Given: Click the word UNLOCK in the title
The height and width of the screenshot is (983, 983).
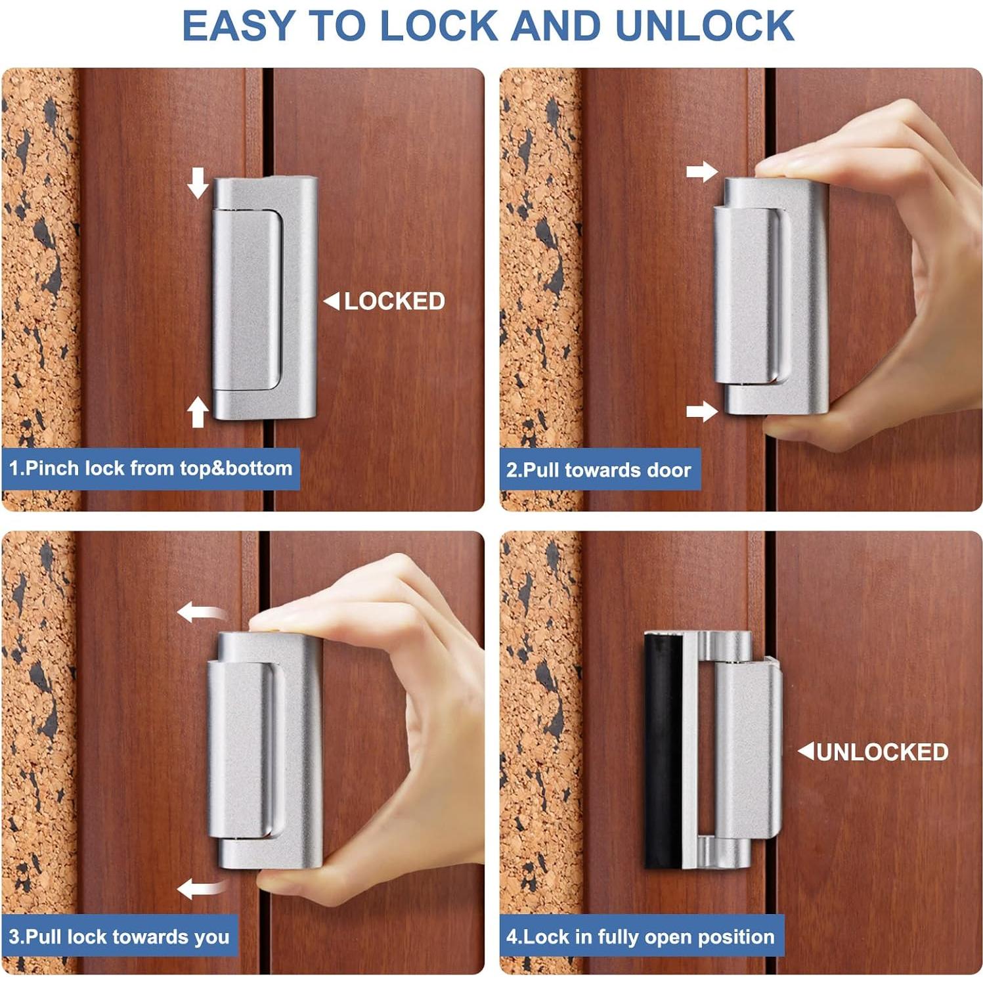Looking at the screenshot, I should click(704, 26).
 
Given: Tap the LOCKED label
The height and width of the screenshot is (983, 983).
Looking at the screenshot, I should click(394, 301).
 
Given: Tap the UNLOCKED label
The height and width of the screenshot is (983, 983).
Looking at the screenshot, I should click(882, 752).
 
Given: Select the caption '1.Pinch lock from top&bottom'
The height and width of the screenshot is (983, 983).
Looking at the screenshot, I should click(150, 468).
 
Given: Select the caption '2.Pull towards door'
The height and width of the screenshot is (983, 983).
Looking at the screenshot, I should click(599, 470).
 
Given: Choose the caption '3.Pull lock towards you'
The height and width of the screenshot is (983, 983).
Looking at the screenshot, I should click(120, 936).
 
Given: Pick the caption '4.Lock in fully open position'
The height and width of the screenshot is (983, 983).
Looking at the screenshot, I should click(641, 936).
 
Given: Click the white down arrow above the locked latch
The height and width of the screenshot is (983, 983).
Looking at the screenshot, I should click(198, 183).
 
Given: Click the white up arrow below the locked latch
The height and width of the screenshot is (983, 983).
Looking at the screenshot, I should click(198, 412).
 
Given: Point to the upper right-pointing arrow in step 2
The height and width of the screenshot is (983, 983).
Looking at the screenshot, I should click(702, 172).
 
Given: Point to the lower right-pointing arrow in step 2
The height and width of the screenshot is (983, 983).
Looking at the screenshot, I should click(702, 412).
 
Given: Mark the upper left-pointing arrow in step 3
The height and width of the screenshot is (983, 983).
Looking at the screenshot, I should click(200, 613).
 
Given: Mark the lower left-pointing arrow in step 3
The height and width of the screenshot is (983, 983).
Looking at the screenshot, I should click(200, 888).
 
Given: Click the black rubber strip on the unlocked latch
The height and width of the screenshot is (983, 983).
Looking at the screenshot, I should click(662, 749).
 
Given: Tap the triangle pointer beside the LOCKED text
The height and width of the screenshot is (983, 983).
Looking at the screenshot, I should click(332, 301).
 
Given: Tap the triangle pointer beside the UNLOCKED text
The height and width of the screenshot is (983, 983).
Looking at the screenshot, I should click(806, 751).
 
